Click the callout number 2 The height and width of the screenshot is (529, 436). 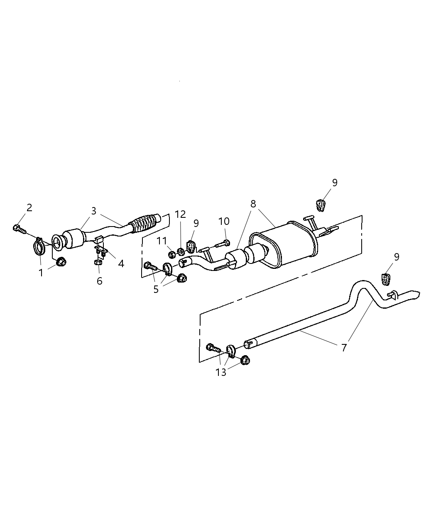pyautogui.click(x=29, y=207)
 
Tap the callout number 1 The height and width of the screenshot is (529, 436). pyautogui.click(x=41, y=273)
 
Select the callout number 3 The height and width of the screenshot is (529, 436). pyautogui.click(x=94, y=211)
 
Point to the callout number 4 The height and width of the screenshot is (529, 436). pyautogui.click(x=121, y=263)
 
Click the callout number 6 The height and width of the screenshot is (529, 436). pyautogui.click(x=99, y=281)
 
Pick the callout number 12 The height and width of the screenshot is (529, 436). pyautogui.click(x=180, y=214)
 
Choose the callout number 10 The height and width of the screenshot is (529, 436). pyautogui.click(x=224, y=221)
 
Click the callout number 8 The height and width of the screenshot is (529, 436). pyautogui.click(x=253, y=204)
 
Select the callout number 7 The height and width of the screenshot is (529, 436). pyautogui.click(x=344, y=348)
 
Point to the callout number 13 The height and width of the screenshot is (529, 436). pyautogui.click(x=221, y=372)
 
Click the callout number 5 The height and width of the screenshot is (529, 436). pyautogui.click(x=156, y=289)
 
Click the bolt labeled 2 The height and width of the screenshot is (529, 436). pyautogui.click(x=18, y=228)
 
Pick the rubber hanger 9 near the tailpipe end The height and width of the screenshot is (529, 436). pyautogui.click(x=386, y=279)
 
